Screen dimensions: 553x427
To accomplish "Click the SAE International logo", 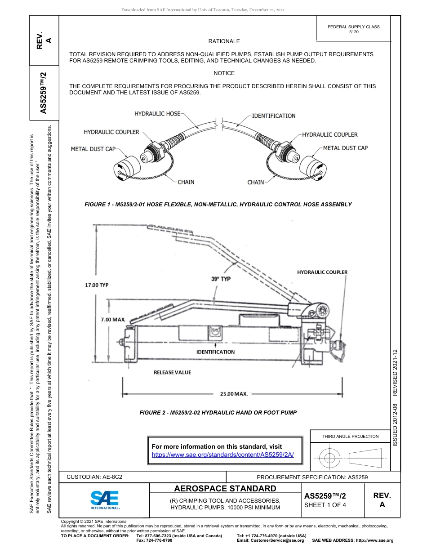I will (105, 499).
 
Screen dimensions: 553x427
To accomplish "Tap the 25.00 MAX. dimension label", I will (234, 394).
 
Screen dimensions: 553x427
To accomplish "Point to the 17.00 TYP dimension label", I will (97, 285).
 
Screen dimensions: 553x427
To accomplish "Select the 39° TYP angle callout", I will (221, 279).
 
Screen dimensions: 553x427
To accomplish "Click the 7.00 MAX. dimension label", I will (112, 319).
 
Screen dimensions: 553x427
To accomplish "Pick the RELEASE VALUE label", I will (172, 372).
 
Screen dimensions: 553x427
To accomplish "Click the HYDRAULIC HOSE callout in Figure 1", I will (157, 114).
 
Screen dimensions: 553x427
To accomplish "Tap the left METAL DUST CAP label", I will (93, 149).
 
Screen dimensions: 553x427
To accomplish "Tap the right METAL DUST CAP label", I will (345, 148).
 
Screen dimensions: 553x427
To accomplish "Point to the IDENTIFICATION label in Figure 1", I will (273, 116).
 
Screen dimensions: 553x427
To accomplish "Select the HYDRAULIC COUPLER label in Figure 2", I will (322, 272).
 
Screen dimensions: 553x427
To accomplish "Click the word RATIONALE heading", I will (224, 41).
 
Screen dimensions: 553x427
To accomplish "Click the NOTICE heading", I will (224, 73).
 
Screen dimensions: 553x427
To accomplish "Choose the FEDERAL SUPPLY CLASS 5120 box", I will (353, 29).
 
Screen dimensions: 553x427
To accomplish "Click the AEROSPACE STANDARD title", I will (225, 489).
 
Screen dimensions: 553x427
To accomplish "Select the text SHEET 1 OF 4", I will (325, 504).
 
